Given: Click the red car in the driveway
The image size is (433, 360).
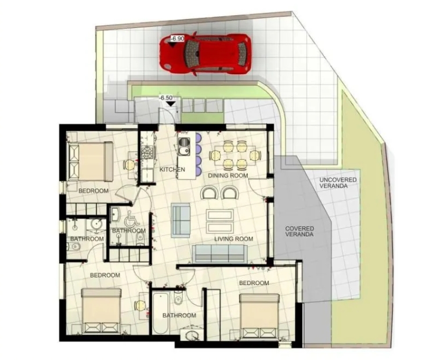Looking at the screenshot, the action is pos(205,54).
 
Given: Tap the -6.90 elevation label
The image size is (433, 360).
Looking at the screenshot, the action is pos(177,39).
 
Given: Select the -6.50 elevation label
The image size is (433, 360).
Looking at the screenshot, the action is pos(166,98).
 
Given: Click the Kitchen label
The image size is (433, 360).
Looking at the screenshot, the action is pos(172,170).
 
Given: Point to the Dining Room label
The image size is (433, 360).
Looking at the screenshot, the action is pos(228,175).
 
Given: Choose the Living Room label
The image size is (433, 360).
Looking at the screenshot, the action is pos(233,239).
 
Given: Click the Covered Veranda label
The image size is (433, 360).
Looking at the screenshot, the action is pos(300,231).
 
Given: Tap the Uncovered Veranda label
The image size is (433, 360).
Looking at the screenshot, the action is pos(338,183).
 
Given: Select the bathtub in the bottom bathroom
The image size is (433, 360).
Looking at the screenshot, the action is pos(160,314).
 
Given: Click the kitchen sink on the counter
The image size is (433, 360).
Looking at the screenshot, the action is pos(183,147).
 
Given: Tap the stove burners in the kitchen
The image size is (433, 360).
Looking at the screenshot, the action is pos(146,153).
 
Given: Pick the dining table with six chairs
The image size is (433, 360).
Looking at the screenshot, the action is pos(235,155).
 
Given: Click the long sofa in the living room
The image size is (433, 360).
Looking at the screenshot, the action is pos(219,253).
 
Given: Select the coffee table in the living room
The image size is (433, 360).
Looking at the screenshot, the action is pos(220,221).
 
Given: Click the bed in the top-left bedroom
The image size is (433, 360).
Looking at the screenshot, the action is pos(91,161).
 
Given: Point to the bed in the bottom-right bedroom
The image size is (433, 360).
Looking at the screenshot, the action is pos(259,316).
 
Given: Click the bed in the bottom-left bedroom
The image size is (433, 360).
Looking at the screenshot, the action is pos(102,311).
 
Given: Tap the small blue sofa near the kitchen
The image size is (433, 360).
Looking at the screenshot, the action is pos(181,220).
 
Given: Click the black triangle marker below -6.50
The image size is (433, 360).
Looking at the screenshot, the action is pos(171,103).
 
